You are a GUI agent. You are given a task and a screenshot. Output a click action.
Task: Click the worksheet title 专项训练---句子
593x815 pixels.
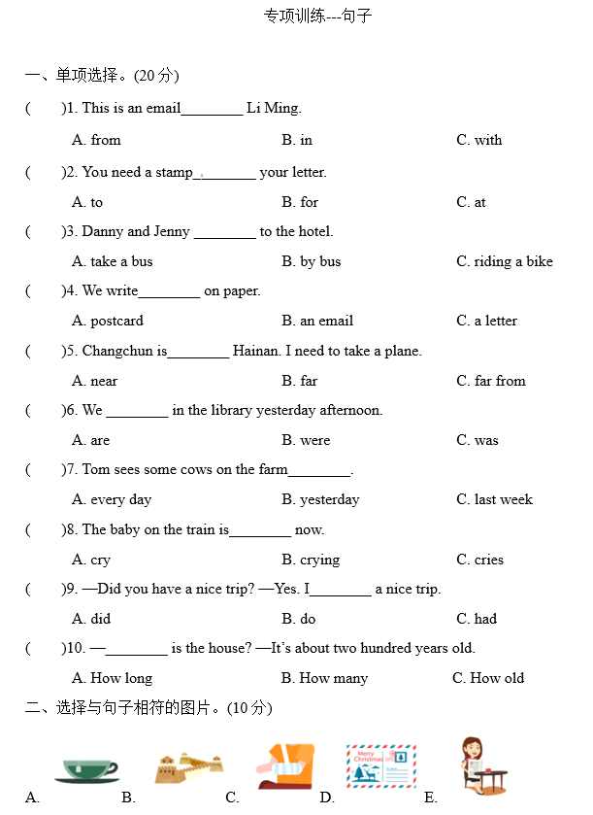tap(317, 17)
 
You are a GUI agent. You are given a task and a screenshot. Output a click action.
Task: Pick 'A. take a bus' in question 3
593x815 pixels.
tap(113, 261)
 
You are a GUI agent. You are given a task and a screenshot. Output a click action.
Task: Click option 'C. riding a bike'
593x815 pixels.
tap(505, 261)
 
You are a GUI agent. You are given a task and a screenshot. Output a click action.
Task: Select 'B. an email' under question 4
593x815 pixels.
tap(317, 321)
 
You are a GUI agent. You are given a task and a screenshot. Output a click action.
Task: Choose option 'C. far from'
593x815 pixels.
tap(491, 381)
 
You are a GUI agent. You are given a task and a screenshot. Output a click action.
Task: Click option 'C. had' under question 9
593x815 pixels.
tap(477, 619)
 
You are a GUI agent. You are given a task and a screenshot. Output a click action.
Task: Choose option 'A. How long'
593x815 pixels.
tap(112, 678)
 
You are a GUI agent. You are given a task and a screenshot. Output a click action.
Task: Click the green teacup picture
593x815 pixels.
tap(86, 768)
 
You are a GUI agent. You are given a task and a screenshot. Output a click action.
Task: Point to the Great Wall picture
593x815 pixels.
tap(188, 767)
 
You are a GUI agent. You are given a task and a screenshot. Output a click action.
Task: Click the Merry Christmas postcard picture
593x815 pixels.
tap(381, 765)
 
